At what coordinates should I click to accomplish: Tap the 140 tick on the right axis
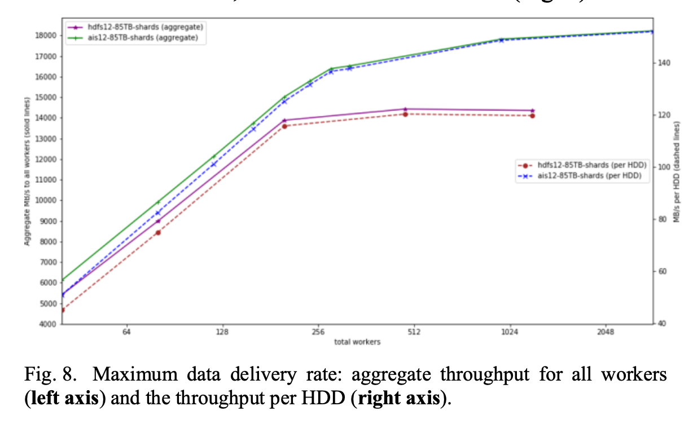664,63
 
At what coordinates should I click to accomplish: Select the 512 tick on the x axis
414,333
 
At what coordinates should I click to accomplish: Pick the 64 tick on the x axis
126,333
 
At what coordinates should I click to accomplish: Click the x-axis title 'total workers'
357,342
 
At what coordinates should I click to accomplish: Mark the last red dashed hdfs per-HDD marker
532,116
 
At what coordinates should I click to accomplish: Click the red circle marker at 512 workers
405,114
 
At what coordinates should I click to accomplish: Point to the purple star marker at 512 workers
405,109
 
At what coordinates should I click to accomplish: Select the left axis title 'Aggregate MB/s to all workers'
27,171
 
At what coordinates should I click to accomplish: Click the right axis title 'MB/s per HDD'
677,175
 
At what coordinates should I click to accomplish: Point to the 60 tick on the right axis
663,272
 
